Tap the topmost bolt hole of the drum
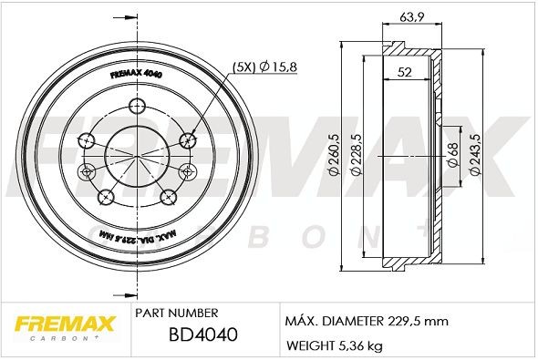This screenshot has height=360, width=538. (x=138, y=102)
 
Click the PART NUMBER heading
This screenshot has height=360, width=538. (x=175, y=312)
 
